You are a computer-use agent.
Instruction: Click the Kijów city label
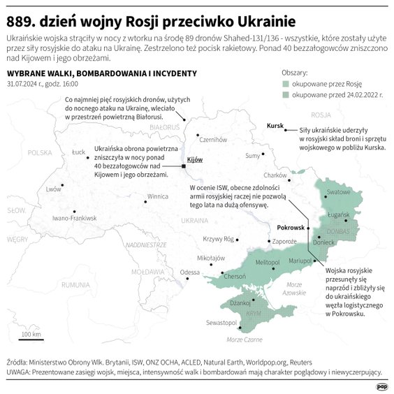point(195,160)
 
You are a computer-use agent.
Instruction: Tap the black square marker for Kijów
point(184,166)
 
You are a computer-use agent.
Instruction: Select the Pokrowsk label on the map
point(291,228)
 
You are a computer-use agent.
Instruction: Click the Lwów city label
point(53,189)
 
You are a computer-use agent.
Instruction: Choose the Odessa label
point(189,272)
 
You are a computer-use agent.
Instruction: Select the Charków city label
point(275,175)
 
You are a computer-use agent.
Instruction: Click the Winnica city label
point(157,196)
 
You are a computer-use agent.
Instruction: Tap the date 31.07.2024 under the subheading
point(24,84)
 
